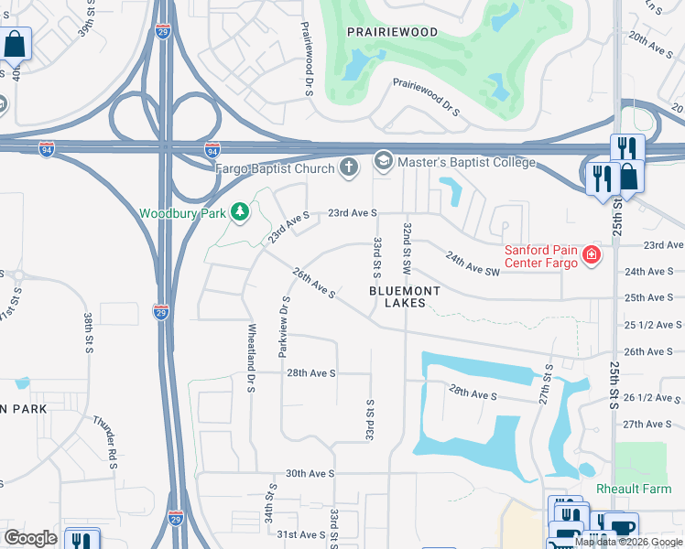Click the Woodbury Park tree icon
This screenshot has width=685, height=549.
point(240,213)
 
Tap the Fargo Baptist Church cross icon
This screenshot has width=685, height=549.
point(348,167)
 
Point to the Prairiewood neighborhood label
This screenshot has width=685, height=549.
point(392,32)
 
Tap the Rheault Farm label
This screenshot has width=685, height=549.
point(634,489)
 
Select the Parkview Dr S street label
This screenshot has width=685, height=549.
point(285,326)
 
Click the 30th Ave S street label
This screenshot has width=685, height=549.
point(310,473)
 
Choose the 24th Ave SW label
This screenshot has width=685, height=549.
point(473,264)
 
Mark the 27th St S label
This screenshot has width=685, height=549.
point(548,384)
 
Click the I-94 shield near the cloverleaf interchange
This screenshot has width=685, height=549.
point(212,148)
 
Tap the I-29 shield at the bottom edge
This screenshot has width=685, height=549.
point(179,518)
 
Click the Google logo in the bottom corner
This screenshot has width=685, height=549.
point(30,538)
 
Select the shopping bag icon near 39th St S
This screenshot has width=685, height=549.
point(16,43)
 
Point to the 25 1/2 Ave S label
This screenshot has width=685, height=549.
point(648,325)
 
